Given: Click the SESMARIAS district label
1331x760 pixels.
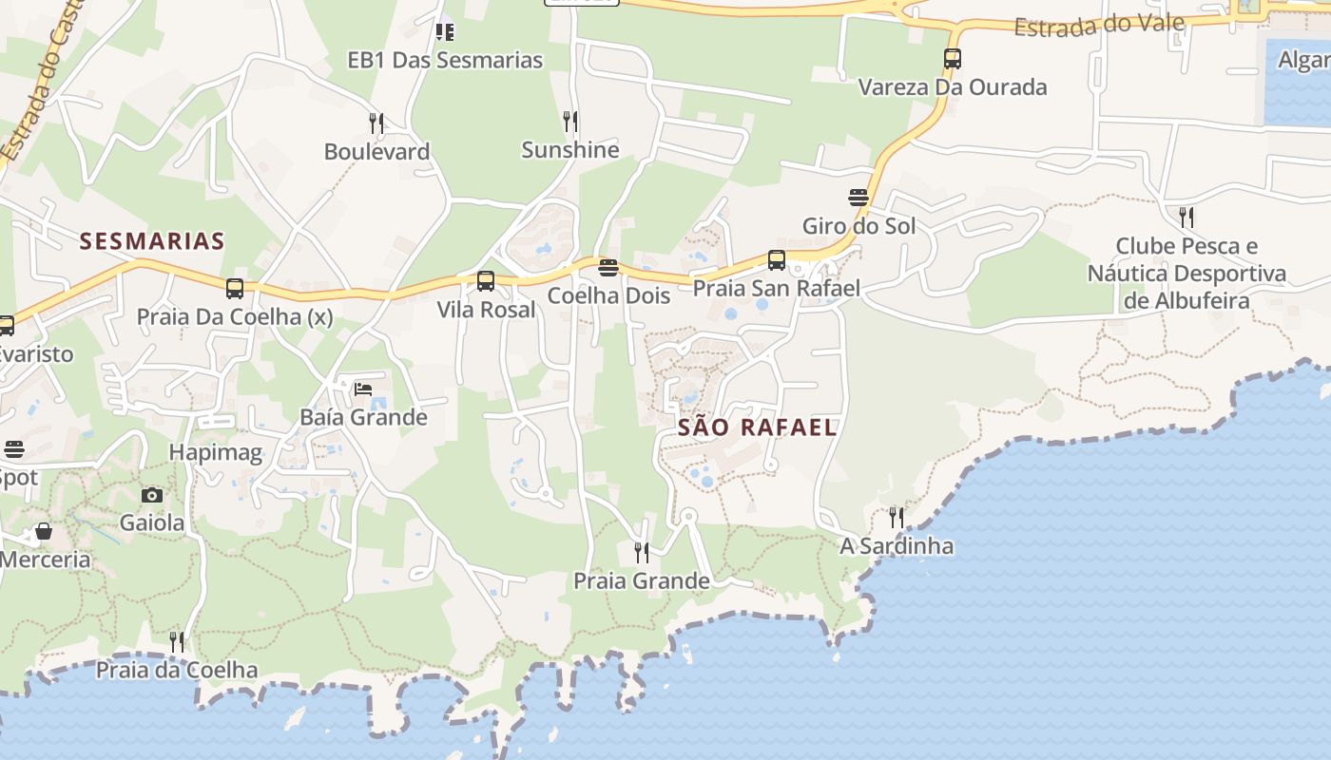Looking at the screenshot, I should (x=152, y=241).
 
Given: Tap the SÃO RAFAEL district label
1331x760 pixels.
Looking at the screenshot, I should (x=758, y=427).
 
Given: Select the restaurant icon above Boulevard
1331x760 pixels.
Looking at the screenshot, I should (x=376, y=123).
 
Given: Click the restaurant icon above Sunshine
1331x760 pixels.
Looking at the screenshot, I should (x=569, y=121).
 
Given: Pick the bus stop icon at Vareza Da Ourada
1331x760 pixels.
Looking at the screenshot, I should (x=953, y=59).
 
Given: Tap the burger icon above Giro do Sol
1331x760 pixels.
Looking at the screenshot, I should (x=858, y=198).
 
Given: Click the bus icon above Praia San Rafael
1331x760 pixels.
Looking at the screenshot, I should (x=777, y=259).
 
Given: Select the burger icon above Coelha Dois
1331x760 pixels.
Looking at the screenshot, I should (x=608, y=267).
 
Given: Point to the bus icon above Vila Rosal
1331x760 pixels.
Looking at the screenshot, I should (x=486, y=281).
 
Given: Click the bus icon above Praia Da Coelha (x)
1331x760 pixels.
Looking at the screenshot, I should (x=235, y=288).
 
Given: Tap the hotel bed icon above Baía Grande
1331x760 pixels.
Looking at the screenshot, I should (x=363, y=389).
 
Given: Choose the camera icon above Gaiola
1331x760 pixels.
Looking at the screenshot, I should (x=152, y=495).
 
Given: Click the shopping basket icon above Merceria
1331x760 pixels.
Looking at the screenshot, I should (x=44, y=531).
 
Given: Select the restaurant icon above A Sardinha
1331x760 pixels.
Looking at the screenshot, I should (x=897, y=518).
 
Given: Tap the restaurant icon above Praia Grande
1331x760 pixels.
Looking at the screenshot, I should (x=642, y=552).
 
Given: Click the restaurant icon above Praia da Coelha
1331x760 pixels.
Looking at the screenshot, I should (x=177, y=641).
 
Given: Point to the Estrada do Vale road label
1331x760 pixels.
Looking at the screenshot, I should (x=1097, y=26).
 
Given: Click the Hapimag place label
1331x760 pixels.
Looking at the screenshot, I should (x=216, y=453).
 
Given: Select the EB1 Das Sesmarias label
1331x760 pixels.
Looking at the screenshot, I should (x=445, y=61).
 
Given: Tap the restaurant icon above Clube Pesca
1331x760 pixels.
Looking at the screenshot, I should (x=1186, y=218).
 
